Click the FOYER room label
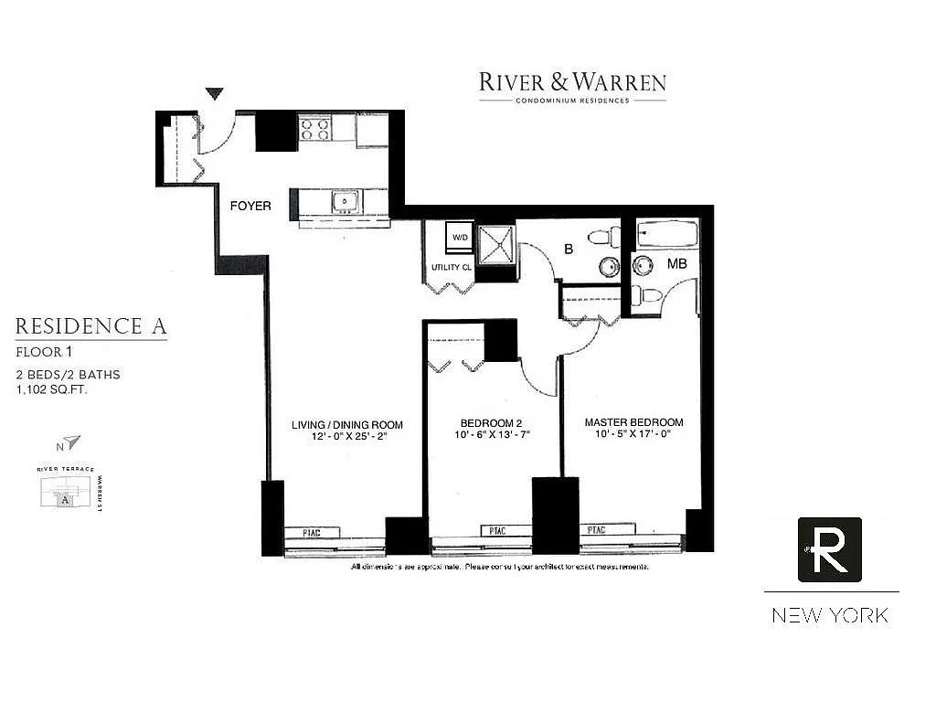[250, 206]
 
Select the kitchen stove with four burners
[314, 129]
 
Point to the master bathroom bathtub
[666, 235]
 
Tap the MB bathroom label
[676, 263]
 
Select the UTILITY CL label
[452, 268]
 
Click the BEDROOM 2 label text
[491, 422]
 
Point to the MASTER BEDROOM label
[633, 422]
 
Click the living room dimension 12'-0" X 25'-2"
[347, 437]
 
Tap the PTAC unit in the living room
[313, 532]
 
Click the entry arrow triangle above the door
[215, 93]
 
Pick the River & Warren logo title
[572, 82]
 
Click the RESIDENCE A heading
[91, 326]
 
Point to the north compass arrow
[71, 442]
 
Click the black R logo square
[829, 549]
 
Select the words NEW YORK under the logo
[829, 615]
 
